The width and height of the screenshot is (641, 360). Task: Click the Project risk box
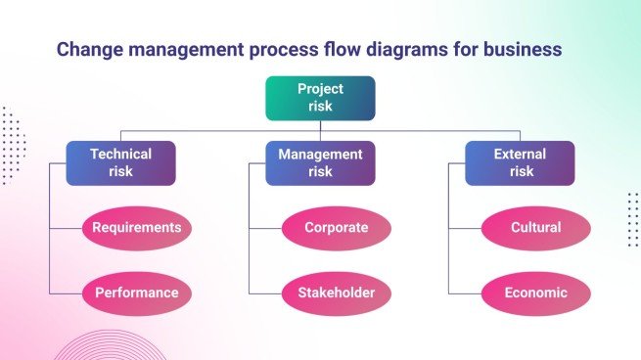320,98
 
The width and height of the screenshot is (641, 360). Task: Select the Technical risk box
121,163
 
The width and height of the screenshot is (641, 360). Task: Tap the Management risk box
320,163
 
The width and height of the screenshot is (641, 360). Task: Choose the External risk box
520,163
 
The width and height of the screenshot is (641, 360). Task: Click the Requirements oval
137,228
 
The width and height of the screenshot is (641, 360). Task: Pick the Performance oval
137,292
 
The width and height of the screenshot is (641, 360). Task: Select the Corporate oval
337,228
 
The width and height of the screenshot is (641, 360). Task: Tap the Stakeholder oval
337,292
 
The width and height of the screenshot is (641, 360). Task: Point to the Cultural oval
536,228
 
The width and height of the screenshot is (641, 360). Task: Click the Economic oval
536,292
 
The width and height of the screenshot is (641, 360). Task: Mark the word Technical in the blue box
121,155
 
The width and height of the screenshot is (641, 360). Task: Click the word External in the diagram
520,155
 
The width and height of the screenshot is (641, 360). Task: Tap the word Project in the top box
320,89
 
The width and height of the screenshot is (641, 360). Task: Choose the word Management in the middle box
320,155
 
